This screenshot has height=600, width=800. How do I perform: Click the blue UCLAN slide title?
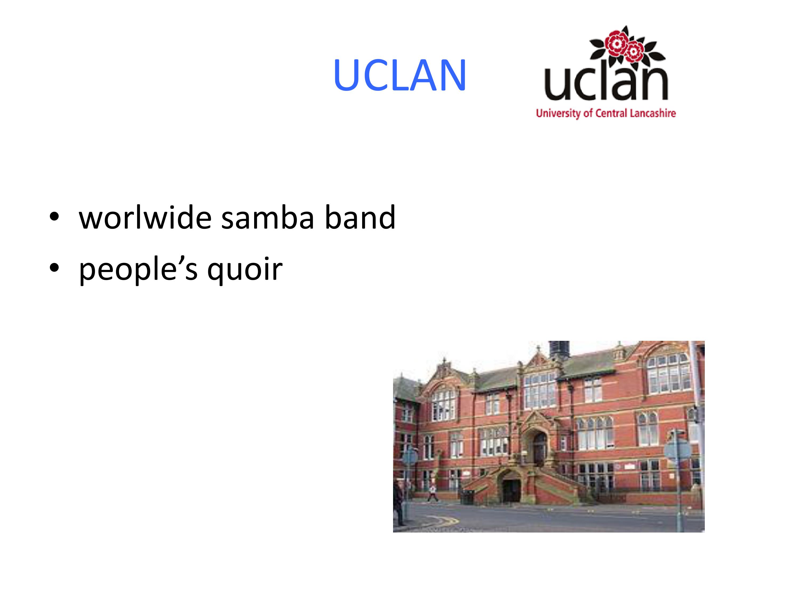400,75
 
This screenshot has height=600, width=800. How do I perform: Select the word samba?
268,218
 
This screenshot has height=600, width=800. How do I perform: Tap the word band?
360,218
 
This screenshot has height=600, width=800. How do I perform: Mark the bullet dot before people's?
54,268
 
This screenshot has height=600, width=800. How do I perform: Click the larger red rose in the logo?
616,43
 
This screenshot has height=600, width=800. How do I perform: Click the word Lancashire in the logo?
653,113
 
